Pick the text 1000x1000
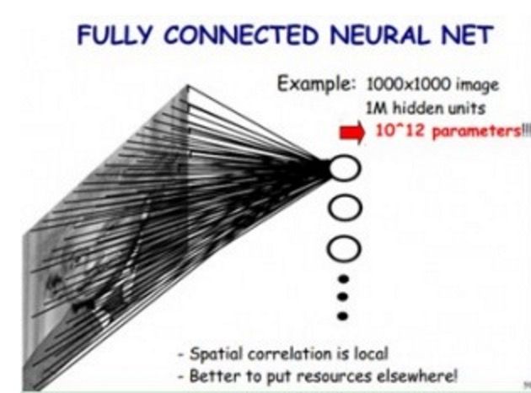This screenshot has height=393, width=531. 400,87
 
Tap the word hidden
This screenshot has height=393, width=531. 412,109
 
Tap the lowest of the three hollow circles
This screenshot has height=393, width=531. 342,247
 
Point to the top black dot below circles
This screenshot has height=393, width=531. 342,277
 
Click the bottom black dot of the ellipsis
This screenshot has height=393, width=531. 342,315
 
